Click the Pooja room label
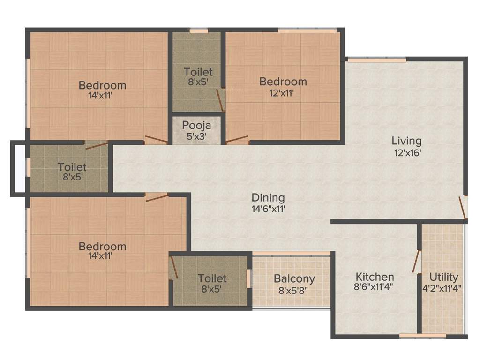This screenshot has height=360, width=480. pyautogui.click(x=197, y=125)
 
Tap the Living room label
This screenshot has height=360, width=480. pyautogui.click(x=407, y=141)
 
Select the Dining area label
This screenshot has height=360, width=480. pyautogui.click(x=268, y=198)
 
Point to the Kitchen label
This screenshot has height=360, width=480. pyautogui.click(x=375, y=277)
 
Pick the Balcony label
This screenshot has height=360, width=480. pyautogui.click(x=294, y=278)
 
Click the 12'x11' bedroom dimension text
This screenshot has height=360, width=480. pyautogui.click(x=283, y=92)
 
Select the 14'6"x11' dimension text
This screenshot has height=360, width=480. pyautogui.click(x=268, y=209)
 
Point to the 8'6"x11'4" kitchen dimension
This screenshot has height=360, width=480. pyautogui.click(x=373, y=288)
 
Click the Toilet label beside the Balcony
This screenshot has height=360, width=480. pyautogui.click(x=212, y=278)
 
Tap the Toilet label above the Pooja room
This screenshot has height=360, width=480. pyautogui.click(x=198, y=72)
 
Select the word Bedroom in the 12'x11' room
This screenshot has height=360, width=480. pyautogui.click(x=283, y=82)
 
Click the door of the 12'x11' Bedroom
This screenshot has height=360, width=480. pyautogui.click(x=237, y=139)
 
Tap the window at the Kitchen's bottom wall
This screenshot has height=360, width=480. pyautogui.click(x=416, y=335)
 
